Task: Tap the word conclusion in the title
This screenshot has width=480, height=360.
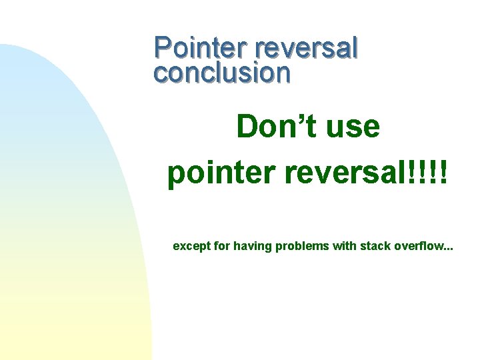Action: pyautogui.click(x=222, y=73)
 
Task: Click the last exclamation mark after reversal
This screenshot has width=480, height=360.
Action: pyautogui.click(x=443, y=173)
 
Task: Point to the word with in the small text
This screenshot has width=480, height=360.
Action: pyautogui.click(x=344, y=246)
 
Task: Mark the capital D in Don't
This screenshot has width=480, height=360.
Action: pyautogui.click(x=248, y=126)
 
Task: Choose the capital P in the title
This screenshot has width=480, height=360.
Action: pyautogui.click(x=162, y=49)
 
